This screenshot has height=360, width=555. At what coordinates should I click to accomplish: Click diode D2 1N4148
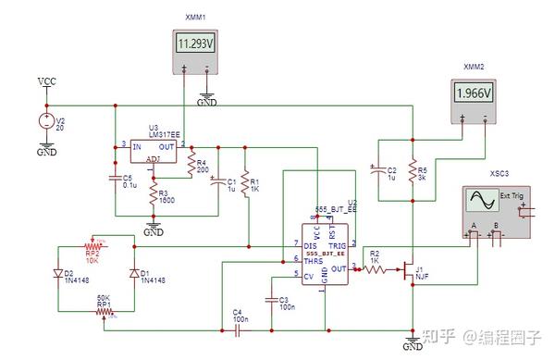click(57, 274)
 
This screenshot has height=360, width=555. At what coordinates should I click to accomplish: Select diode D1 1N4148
click(135, 274)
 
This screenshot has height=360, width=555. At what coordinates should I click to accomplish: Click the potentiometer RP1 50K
click(105, 312)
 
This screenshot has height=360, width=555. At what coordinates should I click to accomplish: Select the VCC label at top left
click(46, 82)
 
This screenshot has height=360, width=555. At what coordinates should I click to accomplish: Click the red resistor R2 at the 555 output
click(374, 268)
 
